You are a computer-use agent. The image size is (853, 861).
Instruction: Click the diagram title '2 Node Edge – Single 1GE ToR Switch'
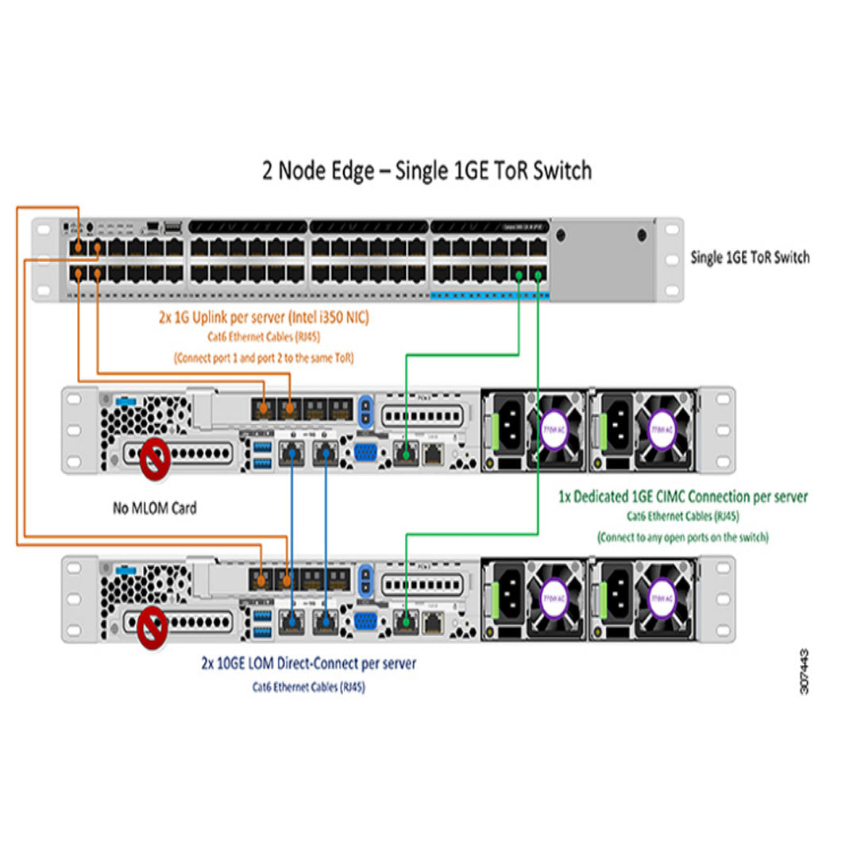point(426,171)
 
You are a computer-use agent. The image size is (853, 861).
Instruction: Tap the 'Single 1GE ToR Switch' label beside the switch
point(750,257)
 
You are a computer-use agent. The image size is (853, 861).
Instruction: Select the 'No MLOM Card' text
point(154,507)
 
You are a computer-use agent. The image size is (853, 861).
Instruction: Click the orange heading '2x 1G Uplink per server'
point(263,318)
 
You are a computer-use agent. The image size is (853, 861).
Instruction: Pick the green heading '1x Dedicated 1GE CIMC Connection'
point(682,497)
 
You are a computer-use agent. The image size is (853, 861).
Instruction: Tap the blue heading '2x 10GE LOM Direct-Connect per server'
point(308,662)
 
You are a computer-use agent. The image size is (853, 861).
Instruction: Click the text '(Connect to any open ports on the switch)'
point(682,537)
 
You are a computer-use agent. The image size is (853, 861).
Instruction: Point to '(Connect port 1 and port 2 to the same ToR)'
point(263,357)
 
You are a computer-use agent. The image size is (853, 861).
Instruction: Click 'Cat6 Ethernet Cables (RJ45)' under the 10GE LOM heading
point(308,687)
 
